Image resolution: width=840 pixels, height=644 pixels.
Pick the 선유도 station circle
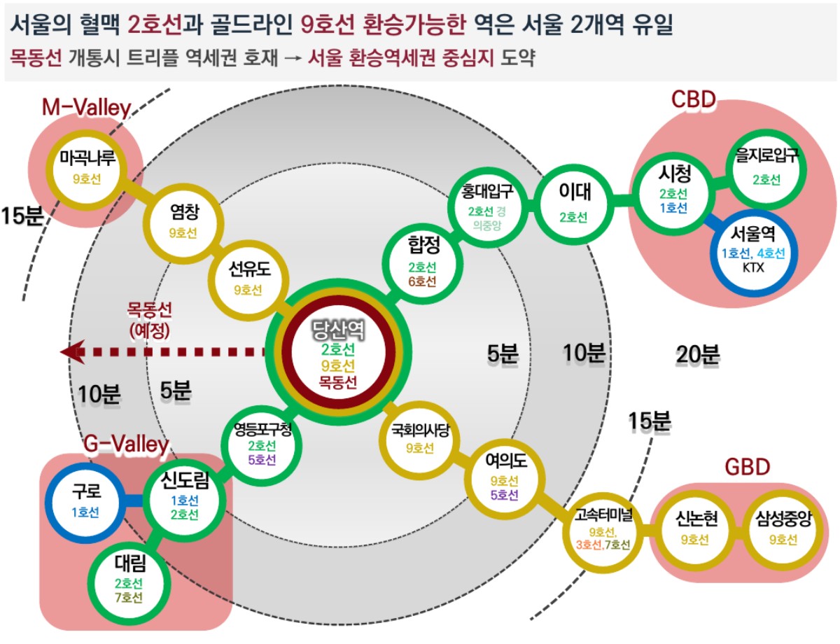click(x=247, y=278)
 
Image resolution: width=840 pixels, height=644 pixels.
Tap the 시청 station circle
click(x=672, y=190)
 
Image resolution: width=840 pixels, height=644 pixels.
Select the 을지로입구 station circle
click(x=766, y=169)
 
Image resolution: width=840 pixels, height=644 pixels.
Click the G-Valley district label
click(x=126, y=444)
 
